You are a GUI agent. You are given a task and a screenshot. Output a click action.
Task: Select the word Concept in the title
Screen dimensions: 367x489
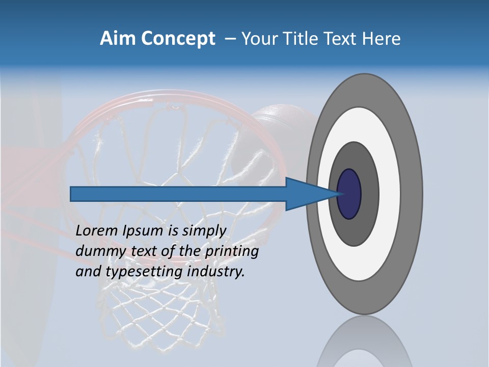tap(178, 38)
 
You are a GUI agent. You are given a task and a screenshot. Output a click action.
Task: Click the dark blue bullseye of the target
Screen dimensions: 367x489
tap(349, 194)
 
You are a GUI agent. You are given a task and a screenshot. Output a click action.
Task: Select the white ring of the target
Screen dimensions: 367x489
tap(390, 194)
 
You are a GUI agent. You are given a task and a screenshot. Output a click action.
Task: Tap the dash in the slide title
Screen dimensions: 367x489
tap(230, 39)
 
